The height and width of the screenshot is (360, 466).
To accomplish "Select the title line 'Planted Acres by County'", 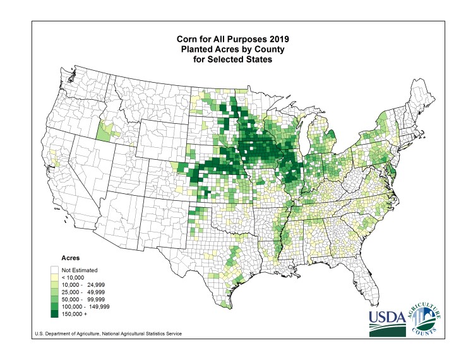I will click(233, 49).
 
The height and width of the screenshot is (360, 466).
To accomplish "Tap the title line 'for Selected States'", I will click(233, 59).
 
